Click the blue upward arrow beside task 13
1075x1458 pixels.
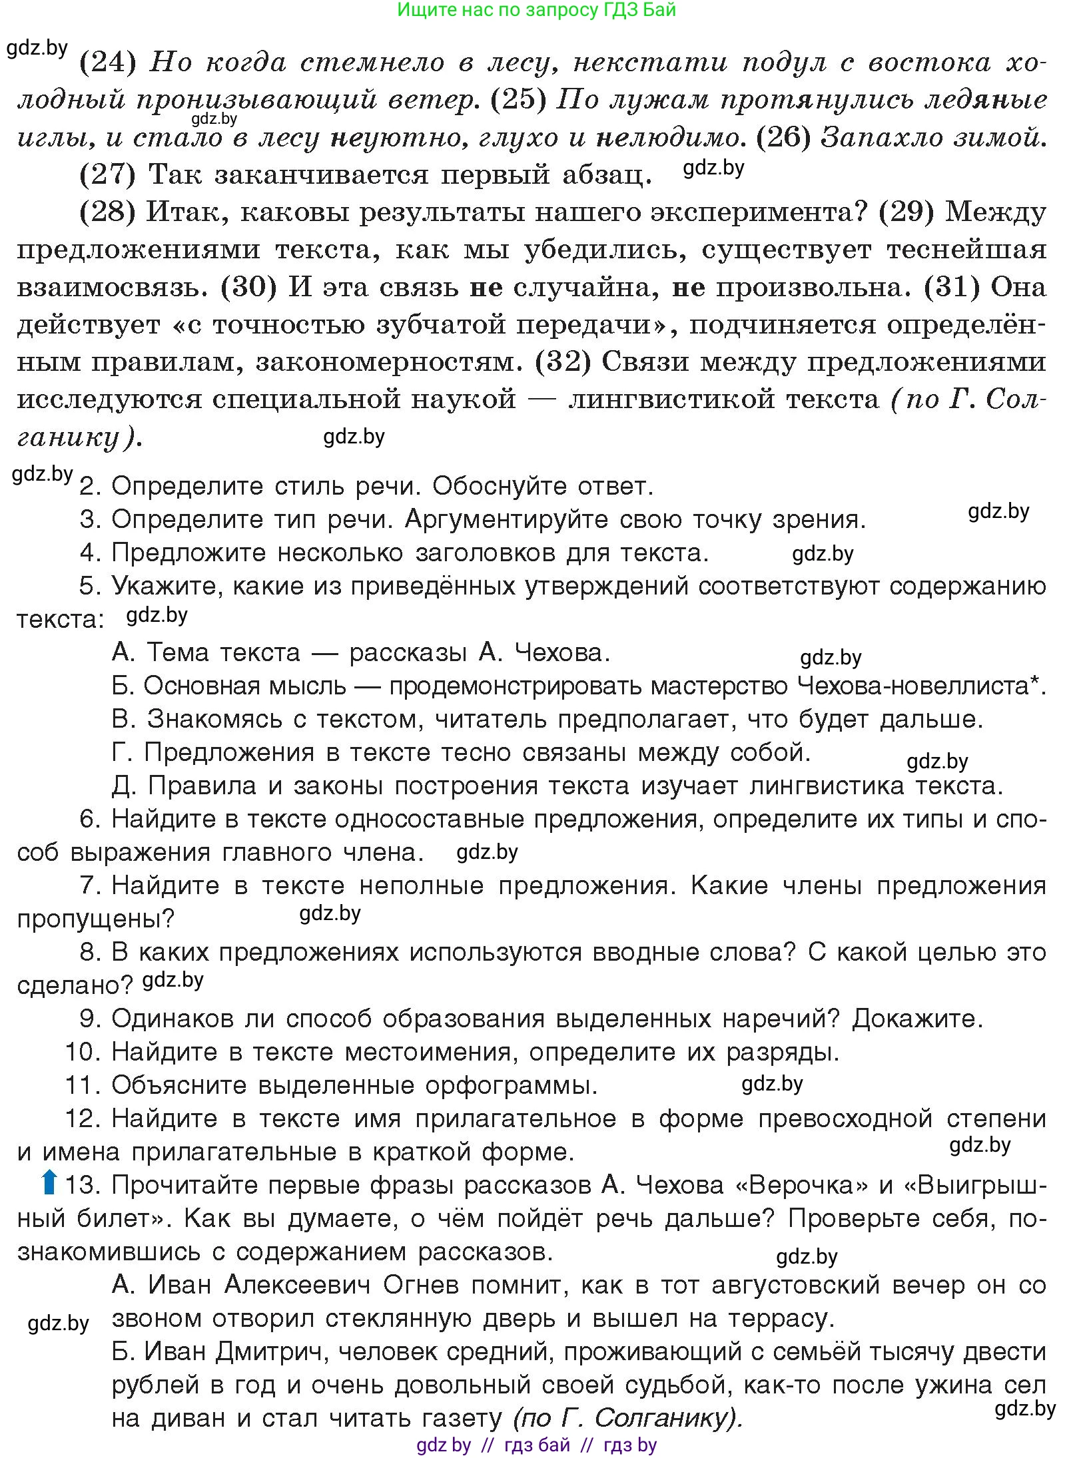[48, 1183]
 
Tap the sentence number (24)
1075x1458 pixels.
[108, 63]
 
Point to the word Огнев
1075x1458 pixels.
[420, 1285]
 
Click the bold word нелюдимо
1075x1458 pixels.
[667, 138]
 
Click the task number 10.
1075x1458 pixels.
[81, 1052]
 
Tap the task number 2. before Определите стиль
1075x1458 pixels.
[90, 486]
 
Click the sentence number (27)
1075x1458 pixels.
[108, 175]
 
